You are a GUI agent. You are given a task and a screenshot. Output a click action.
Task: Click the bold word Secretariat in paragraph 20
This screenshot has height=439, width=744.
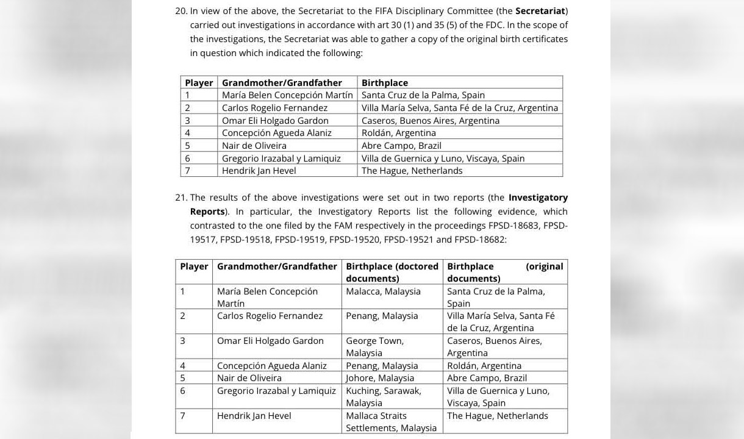pos(540,11)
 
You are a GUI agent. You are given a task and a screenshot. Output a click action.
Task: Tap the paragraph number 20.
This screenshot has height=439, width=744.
pos(181,11)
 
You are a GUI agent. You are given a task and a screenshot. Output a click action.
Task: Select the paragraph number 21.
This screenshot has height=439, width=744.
pos(181,198)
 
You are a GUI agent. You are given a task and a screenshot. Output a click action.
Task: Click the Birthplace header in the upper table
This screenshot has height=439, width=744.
pos(385,83)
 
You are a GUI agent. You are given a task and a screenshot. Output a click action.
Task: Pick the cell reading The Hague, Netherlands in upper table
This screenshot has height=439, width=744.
pos(412,171)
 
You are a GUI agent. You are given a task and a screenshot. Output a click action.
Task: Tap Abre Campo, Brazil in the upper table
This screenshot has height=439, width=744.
pos(401,146)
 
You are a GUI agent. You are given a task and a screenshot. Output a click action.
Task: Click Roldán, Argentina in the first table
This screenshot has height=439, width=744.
pos(398,133)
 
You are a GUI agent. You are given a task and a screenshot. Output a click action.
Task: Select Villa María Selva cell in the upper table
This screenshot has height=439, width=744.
pos(459,108)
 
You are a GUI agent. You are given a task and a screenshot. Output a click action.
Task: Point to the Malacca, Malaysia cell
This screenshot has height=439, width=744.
pos(383,291)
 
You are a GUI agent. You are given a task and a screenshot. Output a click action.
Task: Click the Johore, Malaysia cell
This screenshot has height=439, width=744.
pos(380,378)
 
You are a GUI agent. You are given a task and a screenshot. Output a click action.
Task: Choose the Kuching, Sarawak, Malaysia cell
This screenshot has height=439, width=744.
pos(383,396)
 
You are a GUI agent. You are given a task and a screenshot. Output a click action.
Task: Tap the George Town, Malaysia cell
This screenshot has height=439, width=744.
pos(374,346)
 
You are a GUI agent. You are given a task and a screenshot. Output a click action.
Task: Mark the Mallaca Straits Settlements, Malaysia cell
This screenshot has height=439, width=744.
pos(390,421)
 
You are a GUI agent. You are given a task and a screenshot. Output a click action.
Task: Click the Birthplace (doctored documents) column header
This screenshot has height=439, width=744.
pos(392,272)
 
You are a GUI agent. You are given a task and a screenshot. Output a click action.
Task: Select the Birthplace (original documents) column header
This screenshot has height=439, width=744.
pos(505,272)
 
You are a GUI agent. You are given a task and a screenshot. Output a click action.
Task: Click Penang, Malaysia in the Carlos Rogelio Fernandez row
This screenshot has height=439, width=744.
pos(382,316)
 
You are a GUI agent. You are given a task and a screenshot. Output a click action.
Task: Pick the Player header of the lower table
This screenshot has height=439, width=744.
pos(194,266)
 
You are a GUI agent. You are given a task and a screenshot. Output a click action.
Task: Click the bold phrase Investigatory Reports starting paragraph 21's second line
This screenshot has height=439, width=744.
pos(207,212)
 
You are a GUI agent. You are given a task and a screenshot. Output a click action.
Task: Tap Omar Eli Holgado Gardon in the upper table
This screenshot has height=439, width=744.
pos(275,121)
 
